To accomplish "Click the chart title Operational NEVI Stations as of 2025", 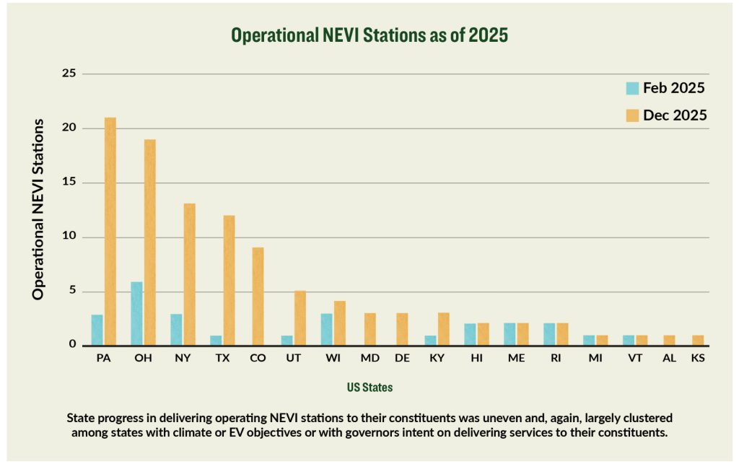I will click(x=369, y=35).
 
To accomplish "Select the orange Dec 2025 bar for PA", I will click(x=110, y=231).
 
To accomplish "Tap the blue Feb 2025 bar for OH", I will click(x=136, y=314).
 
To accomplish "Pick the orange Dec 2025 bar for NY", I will click(x=189, y=274).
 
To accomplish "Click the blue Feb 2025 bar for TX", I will click(x=216, y=341).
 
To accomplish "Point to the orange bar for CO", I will click(x=258, y=297).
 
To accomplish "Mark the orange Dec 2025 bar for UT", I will click(x=300, y=318).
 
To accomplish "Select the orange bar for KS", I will click(x=698, y=341).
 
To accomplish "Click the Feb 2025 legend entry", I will click(x=664, y=89).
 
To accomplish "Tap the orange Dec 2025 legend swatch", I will click(x=632, y=115).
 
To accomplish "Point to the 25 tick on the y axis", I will click(x=69, y=74).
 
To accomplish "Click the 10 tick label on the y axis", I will click(x=69, y=237).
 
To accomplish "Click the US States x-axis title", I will click(x=369, y=388).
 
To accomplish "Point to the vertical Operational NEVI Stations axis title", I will click(x=38, y=209).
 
